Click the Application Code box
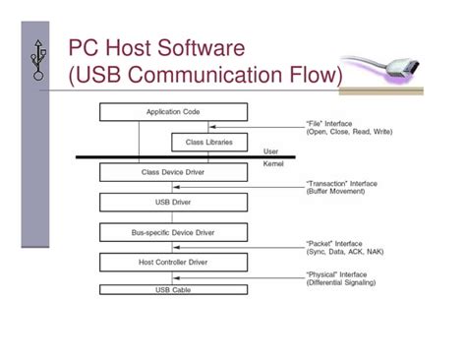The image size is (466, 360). [x=172, y=113]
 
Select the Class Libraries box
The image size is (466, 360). [x=208, y=143]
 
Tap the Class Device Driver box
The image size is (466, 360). [x=172, y=172]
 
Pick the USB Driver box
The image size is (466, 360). [x=172, y=203]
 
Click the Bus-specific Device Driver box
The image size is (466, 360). [x=172, y=233]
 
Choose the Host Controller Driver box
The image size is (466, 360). [x=172, y=263]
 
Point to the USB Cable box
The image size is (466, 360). [x=172, y=290]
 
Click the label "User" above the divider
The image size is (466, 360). [x=271, y=151]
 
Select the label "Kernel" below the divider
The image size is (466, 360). [x=274, y=165]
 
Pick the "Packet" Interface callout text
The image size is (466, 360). [x=336, y=243]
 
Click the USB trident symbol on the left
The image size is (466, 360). [x=38, y=60]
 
